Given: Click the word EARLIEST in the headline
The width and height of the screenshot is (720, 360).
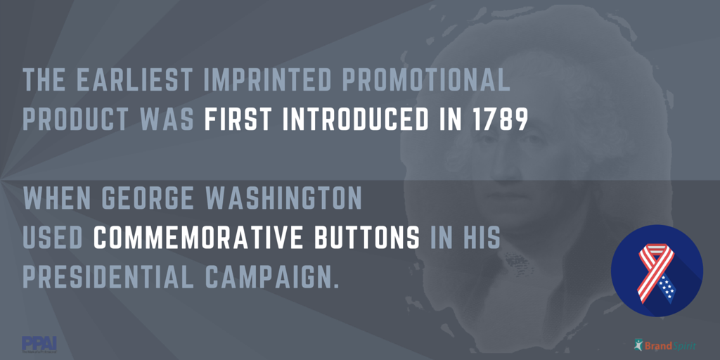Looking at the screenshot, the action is (x=134, y=81).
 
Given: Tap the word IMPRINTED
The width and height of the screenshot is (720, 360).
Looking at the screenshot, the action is (x=267, y=81).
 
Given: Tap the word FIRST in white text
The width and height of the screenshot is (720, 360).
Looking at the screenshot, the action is (x=237, y=120).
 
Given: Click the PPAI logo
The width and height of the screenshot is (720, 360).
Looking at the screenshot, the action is (x=39, y=344).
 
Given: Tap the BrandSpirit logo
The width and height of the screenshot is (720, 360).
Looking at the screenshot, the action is (x=665, y=345).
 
